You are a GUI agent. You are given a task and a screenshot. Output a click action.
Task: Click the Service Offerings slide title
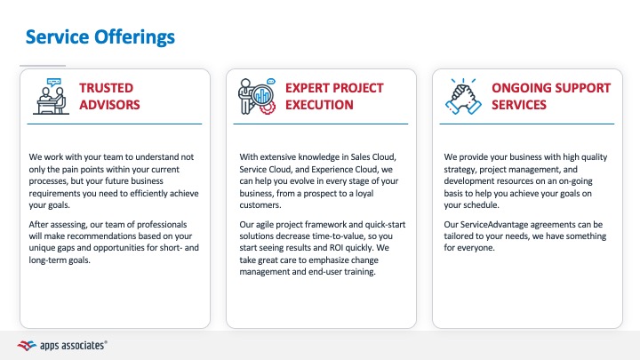click(100, 36)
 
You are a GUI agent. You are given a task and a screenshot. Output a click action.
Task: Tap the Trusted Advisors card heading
click(109, 96)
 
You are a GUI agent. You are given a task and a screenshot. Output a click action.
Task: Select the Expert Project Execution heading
click(334, 96)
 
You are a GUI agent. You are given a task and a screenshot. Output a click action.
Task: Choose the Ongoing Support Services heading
click(550, 96)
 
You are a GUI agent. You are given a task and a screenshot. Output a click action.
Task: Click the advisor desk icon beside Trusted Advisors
click(49, 96)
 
